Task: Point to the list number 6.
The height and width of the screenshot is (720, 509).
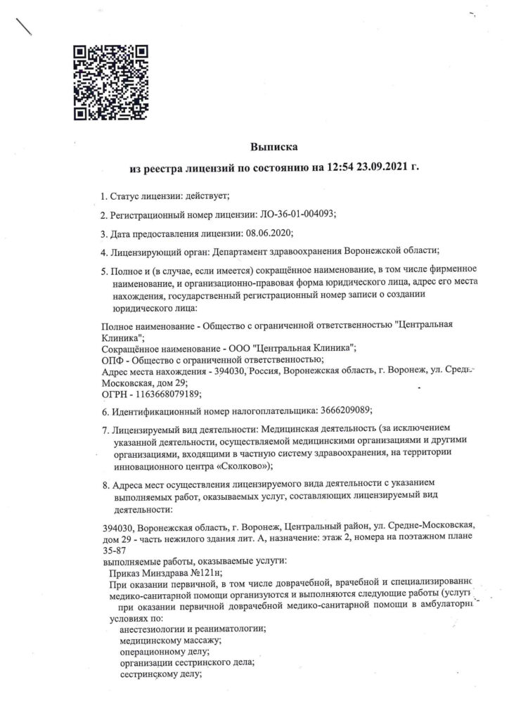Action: click(x=105, y=409)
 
